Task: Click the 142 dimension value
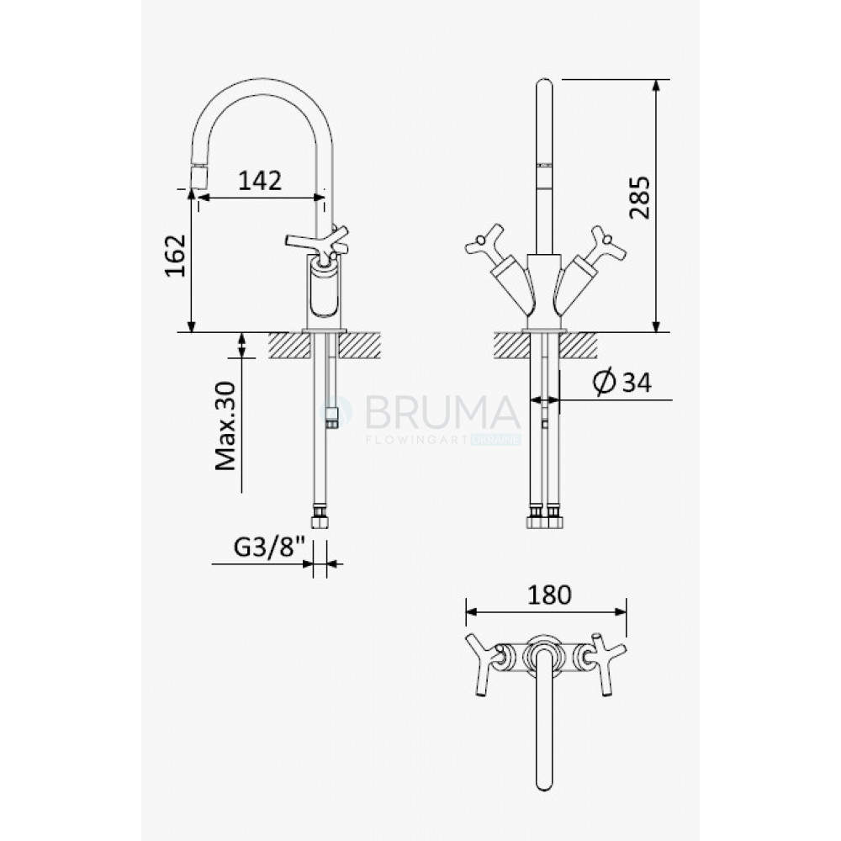(x=260, y=181)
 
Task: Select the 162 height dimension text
(x=176, y=256)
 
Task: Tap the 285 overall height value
(x=639, y=198)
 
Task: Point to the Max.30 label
(x=225, y=426)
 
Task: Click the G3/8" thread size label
(x=269, y=547)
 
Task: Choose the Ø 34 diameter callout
(x=622, y=383)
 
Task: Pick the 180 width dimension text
(x=550, y=595)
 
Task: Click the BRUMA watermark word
(x=443, y=412)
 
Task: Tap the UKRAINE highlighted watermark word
(x=495, y=440)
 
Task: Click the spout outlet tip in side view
(x=199, y=177)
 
